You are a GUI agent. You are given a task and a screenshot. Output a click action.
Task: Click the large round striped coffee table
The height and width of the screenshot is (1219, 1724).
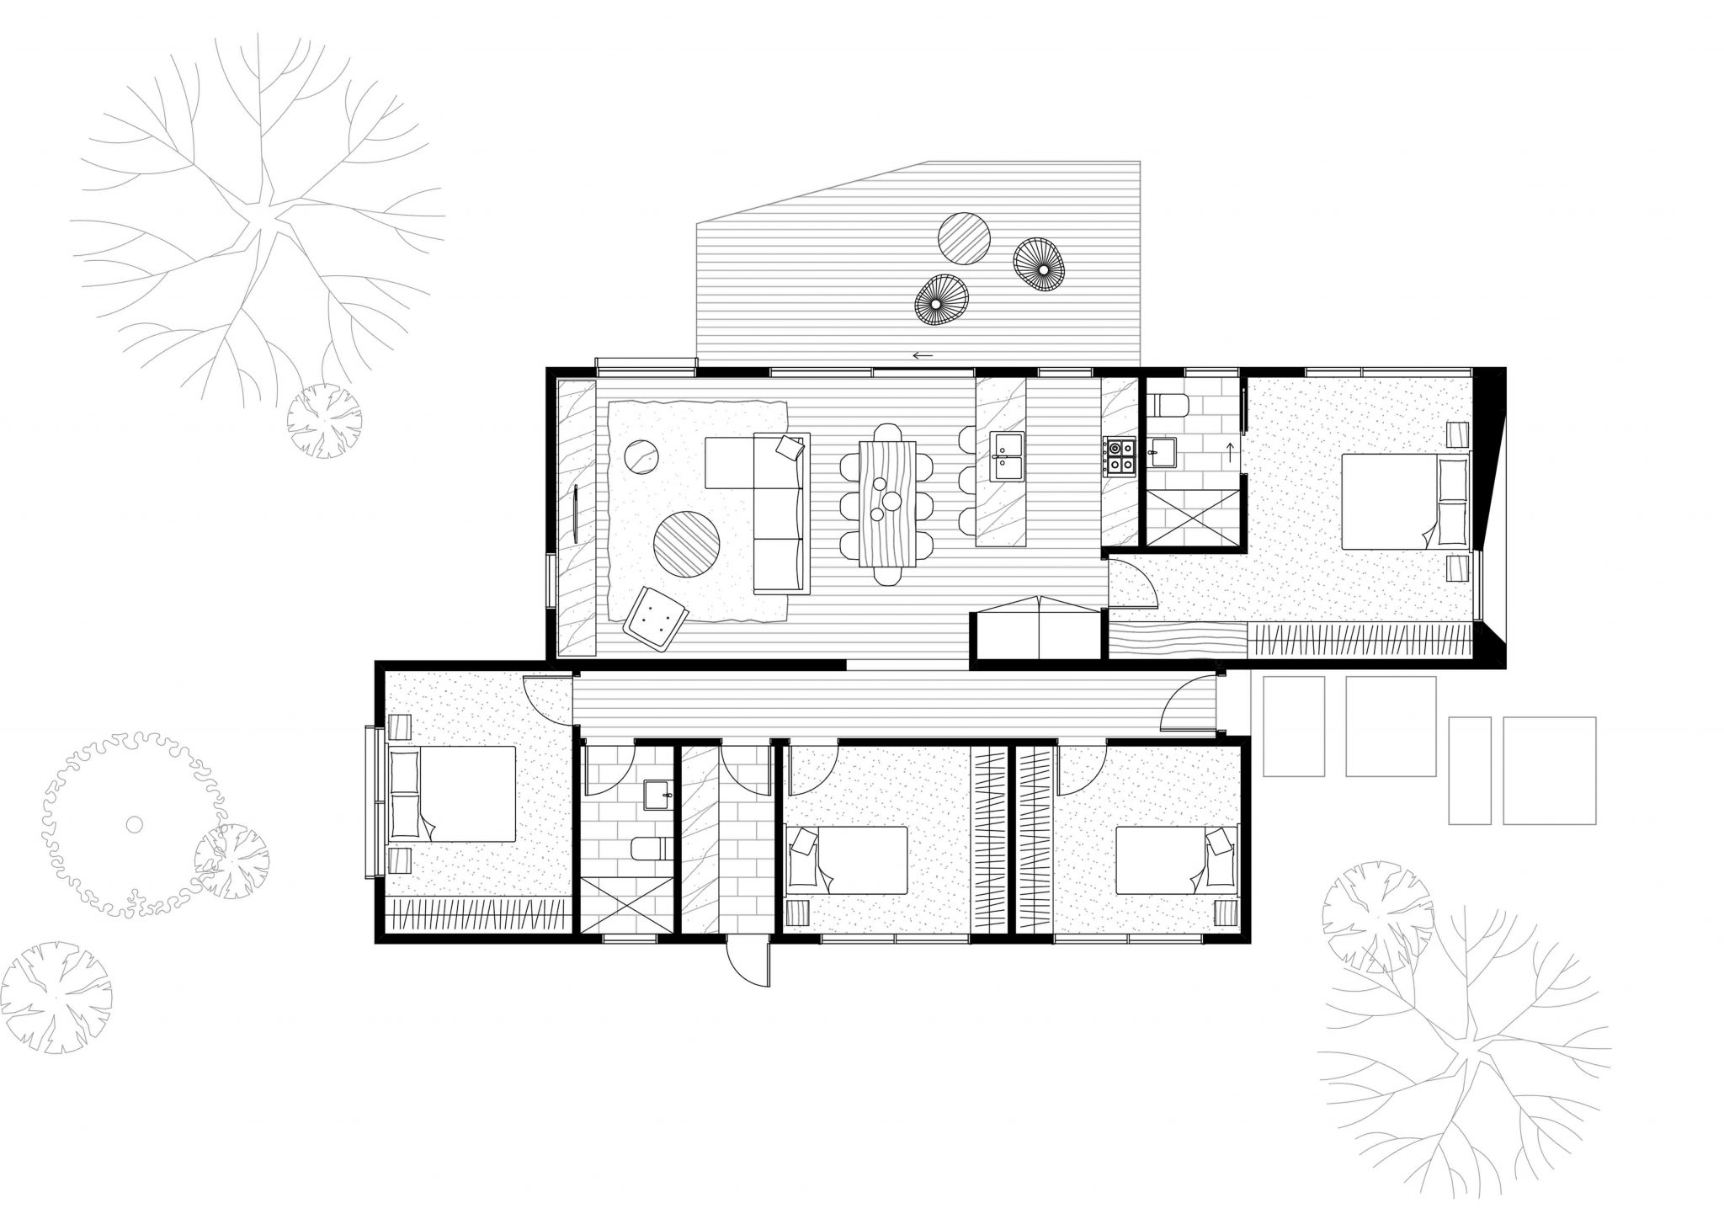click(x=687, y=546)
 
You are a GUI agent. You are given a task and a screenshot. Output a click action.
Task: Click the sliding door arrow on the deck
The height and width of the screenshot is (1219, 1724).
click(x=923, y=356)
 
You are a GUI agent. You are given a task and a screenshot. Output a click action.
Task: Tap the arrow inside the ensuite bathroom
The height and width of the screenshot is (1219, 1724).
click(x=1230, y=453)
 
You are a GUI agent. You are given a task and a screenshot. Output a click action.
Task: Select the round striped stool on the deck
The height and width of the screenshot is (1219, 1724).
click(x=965, y=237)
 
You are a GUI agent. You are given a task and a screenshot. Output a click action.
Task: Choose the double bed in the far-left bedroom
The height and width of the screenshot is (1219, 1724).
click(x=452, y=794)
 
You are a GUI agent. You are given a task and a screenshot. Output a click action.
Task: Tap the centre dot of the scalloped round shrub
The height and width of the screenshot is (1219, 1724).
click(x=134, y=824)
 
